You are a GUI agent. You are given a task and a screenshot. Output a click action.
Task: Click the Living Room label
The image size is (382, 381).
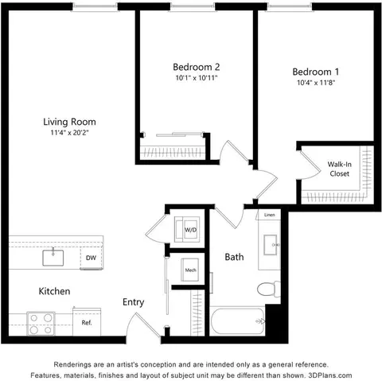point(69,122)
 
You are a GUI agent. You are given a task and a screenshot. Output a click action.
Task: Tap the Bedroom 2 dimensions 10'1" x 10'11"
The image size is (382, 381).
point(197,78)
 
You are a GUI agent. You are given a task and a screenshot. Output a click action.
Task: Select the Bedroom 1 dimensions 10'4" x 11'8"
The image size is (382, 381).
point(316,83)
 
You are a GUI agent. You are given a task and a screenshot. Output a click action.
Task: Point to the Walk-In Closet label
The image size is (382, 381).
point(340,169)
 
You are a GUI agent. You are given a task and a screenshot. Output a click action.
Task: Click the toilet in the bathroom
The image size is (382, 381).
point(269,289)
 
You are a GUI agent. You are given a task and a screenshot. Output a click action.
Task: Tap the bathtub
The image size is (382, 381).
point(238,321)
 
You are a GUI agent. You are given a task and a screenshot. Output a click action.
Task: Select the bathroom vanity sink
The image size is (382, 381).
point(271,245)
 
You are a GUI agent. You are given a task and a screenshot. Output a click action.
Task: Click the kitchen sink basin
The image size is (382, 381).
point(53,258)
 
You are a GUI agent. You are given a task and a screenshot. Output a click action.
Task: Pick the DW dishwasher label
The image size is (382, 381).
point(91,258)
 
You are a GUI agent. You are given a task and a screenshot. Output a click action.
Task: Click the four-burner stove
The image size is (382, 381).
point(41,324)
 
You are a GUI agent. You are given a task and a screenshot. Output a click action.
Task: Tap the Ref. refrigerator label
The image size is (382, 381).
point(87,323)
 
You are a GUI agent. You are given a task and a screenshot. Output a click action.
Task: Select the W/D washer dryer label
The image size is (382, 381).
point(191,230)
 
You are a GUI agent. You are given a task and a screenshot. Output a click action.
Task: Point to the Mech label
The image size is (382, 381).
point(191,270)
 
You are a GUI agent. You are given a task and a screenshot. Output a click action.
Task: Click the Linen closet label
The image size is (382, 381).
point(270,215)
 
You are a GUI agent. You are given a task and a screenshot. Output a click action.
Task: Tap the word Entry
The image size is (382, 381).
point(133,302)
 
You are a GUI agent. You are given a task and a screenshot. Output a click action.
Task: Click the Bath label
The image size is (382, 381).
point(234,257)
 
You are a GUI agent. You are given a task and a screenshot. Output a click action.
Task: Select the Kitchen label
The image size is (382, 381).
point(54,291)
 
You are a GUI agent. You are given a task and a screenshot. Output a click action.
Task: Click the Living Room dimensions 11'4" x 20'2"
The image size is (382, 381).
point(69,133)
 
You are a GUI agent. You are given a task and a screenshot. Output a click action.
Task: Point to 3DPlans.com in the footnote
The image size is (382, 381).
point(330,375)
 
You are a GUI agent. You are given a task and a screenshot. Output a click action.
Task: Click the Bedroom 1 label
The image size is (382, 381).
point(316,72)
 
